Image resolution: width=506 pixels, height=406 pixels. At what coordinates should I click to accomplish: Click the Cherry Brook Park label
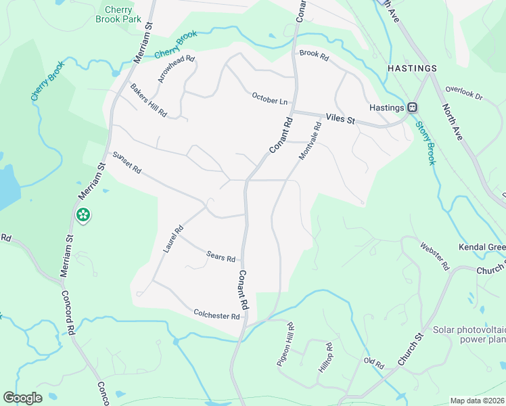click(123, 14)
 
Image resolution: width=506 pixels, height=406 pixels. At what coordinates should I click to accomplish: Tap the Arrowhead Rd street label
click(176, 69)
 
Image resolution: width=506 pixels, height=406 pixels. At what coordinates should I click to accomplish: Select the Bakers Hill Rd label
click(149, 100)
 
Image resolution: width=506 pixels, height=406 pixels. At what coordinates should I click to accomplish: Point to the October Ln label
click(269, 98)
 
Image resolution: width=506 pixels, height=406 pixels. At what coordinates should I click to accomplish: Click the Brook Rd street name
click(313, 53)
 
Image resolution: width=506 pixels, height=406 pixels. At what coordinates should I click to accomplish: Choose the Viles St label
click(340, 119)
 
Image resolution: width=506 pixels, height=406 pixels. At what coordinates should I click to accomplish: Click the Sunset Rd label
click(127, 162)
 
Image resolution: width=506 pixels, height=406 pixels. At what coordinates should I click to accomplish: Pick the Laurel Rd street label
click(173, 240)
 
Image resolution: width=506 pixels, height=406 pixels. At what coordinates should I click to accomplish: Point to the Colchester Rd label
click(216, 316)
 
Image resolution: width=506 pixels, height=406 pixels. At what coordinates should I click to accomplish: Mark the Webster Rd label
click(434, 256)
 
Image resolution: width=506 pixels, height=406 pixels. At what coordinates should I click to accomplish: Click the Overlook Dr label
click(465, 93)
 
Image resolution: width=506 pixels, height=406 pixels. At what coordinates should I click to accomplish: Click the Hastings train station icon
click(412, 108)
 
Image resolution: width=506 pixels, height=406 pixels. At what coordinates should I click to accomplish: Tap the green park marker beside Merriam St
click(83, 216)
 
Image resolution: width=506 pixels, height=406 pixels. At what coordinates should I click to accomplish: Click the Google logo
click(23, 398)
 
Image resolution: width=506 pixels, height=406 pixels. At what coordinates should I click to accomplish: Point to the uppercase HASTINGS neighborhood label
click(412, 69)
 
